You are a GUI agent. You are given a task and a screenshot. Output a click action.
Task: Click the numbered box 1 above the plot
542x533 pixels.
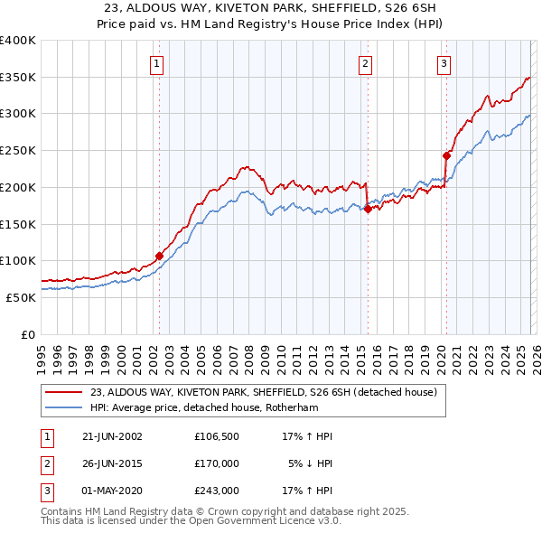click(x=158, y=63)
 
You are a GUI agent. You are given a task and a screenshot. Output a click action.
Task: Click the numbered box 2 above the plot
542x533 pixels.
click(x=365, y=63)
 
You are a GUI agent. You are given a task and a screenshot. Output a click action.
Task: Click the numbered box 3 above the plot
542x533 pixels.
click(x=444, y=63)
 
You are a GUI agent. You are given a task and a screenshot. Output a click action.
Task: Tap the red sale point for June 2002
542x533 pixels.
click(x=160, y=256)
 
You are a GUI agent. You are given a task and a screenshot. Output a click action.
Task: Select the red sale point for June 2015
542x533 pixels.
click(x=368, y=209)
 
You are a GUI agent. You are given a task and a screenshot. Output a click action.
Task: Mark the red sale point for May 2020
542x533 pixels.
click(x=446, y=155)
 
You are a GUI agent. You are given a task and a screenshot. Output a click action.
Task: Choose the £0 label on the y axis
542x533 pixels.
click(x=29, y=334)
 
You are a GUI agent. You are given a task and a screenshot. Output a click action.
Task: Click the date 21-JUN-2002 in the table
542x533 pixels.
click(x=111, y=436)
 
